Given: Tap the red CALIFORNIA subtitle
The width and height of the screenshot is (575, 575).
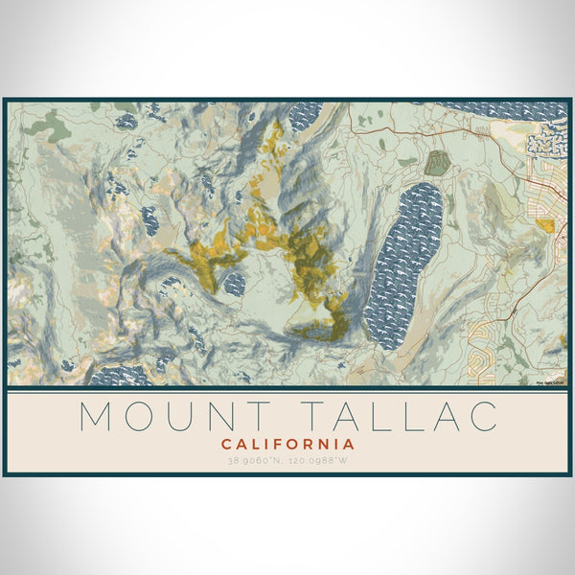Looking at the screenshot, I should (287, 445).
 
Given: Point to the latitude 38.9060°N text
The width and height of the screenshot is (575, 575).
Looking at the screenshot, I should (255, 461).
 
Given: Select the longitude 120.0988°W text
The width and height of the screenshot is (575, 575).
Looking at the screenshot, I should (320, 461).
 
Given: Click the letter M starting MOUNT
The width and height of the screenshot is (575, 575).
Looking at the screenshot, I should (97, 417).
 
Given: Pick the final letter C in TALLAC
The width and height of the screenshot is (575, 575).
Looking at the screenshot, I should (483, 417).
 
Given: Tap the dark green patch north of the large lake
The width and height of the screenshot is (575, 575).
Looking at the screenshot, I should (437, 163).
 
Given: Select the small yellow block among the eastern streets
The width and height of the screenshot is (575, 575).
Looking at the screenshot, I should (545, 225).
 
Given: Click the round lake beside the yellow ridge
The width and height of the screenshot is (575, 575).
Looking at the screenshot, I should (234, 283).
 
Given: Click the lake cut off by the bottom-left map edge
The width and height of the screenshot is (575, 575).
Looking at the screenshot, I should (121, 375).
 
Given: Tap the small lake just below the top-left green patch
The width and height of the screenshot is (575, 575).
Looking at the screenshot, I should (126, 122).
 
